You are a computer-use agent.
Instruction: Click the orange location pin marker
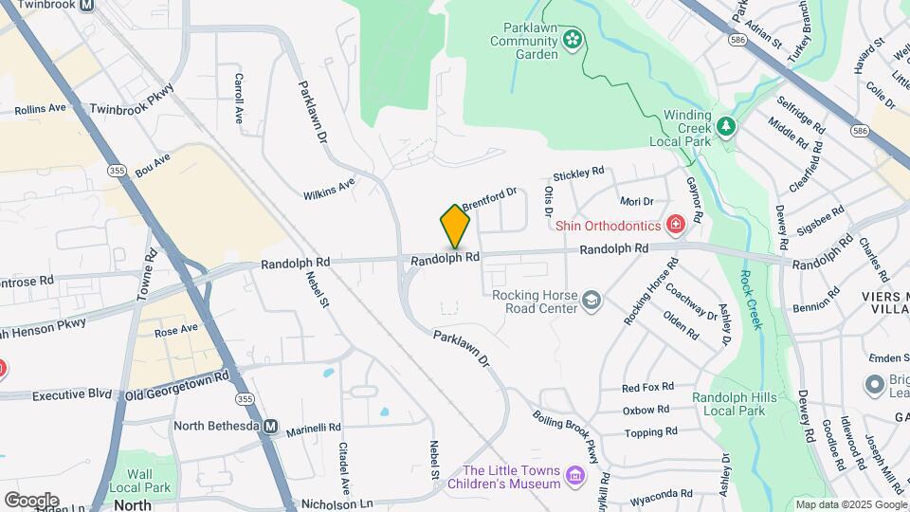456,226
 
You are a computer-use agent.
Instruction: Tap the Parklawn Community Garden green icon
573,39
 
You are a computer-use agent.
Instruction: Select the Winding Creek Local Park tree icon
726,125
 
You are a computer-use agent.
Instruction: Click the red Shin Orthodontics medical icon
675,225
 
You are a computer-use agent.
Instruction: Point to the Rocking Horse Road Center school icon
592,301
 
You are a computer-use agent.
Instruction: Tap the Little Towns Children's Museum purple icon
574,475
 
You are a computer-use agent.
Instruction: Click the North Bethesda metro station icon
270,427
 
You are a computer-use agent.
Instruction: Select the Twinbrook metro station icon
86,5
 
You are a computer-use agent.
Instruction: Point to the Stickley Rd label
578,174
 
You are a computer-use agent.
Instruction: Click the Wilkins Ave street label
329,189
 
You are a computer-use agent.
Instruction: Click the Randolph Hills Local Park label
728,404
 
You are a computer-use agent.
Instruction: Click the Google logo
31,501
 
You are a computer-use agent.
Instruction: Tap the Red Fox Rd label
647,387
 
